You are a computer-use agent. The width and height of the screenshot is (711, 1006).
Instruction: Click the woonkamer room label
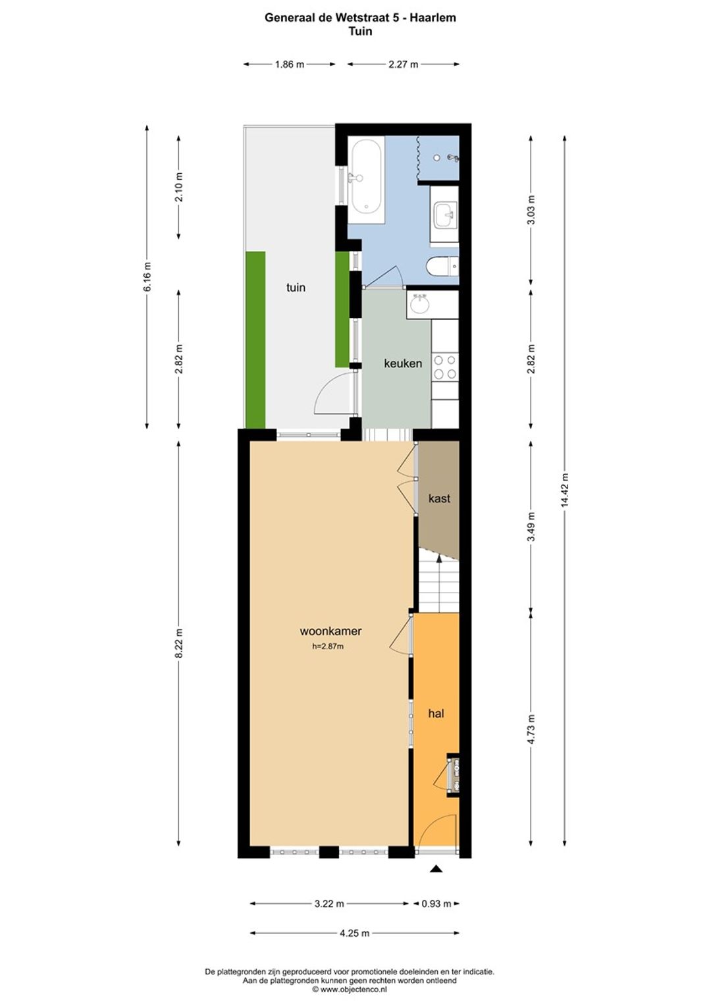pos(330,631)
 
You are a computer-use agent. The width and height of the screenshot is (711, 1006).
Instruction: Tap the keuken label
pos(403,363)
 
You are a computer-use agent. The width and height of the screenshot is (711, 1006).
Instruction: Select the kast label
pos(439,498)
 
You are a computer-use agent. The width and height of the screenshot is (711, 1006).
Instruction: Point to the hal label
pos(436,713)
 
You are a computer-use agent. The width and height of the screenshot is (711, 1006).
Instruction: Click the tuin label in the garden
pos(296,288)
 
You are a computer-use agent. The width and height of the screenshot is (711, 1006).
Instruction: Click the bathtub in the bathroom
pos(366,180)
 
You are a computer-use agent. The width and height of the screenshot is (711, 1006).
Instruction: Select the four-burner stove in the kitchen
pos(444,367)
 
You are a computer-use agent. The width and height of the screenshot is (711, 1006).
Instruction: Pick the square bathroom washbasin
pos(445,215)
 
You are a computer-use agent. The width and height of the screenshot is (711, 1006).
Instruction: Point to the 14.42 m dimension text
pos(564,490)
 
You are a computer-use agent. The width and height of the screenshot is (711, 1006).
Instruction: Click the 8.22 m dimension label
pos(179,643)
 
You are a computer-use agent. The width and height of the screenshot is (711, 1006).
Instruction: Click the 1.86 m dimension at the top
pos(289,65)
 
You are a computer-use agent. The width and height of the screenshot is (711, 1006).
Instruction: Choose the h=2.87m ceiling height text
pos(328,647)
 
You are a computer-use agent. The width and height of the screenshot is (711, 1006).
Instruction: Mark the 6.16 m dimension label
pos(147,277)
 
